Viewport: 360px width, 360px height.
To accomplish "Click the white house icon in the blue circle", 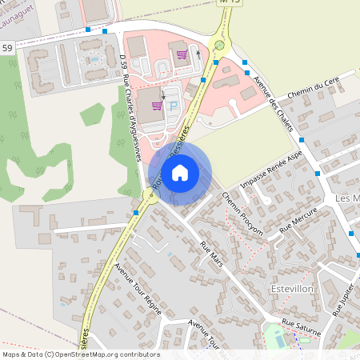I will point(180,173).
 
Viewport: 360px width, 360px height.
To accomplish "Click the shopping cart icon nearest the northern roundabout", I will point(182,55).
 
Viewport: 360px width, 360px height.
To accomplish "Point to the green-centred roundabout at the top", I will point(218,46).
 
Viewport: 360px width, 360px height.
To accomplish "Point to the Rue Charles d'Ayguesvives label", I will point(132,120).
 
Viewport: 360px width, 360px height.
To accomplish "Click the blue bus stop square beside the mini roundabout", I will point(137,213).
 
